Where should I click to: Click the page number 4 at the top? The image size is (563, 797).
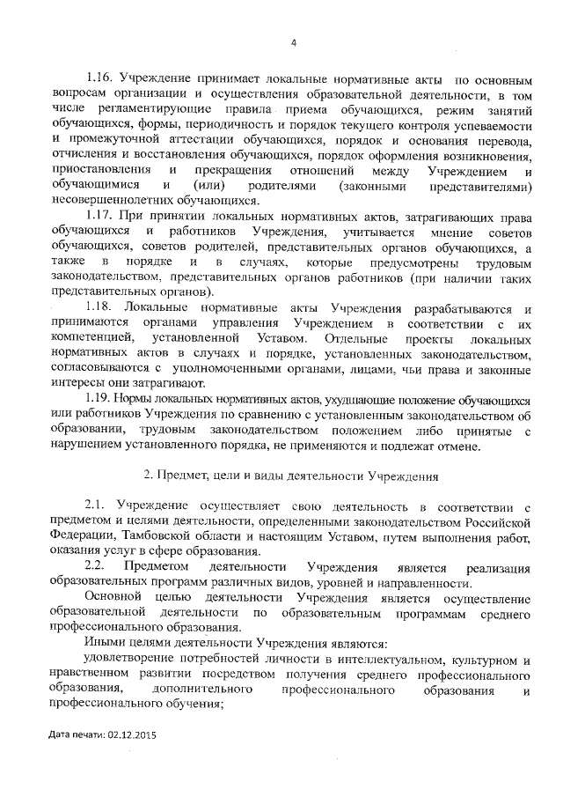[295, 41]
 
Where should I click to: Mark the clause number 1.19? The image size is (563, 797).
[100, 399]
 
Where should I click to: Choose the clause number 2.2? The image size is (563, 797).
[95, 565]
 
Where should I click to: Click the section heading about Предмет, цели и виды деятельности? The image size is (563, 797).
[291, 476]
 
